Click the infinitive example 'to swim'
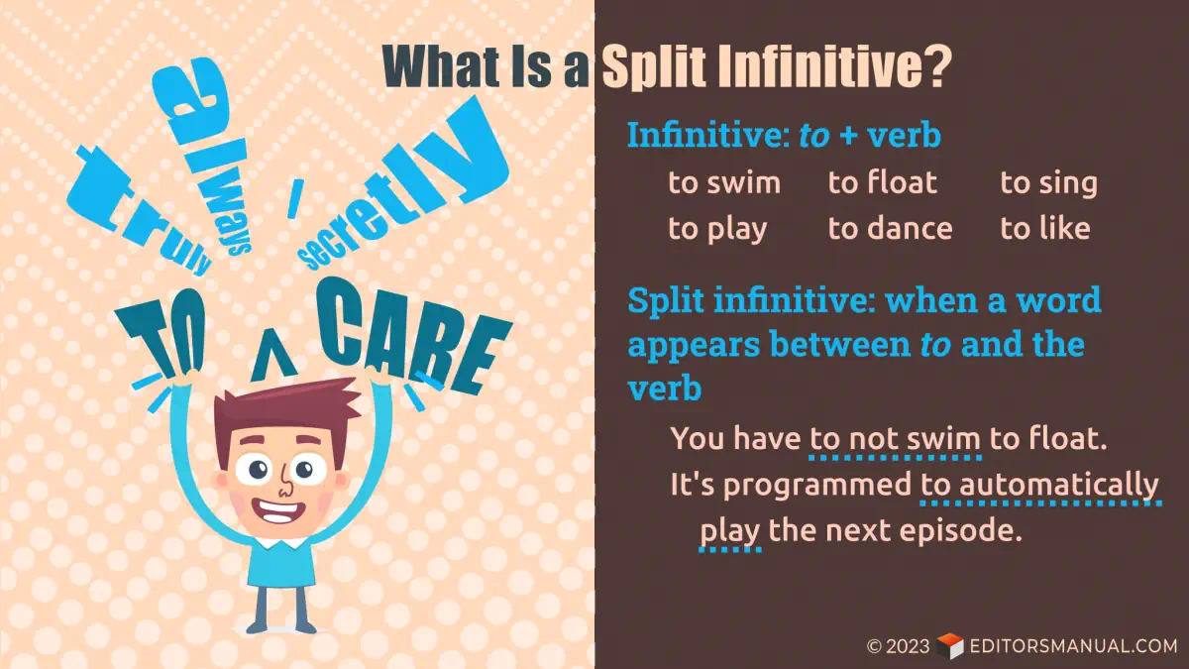(724, 183)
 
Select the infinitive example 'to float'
(882, 183)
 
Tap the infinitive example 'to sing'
(1048, 184)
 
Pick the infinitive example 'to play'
(717, 230)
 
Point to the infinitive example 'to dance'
(890, 229)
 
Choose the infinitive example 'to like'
(1044, 229)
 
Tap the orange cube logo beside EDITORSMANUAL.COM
(949, 646)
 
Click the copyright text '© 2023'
(898, 646)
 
